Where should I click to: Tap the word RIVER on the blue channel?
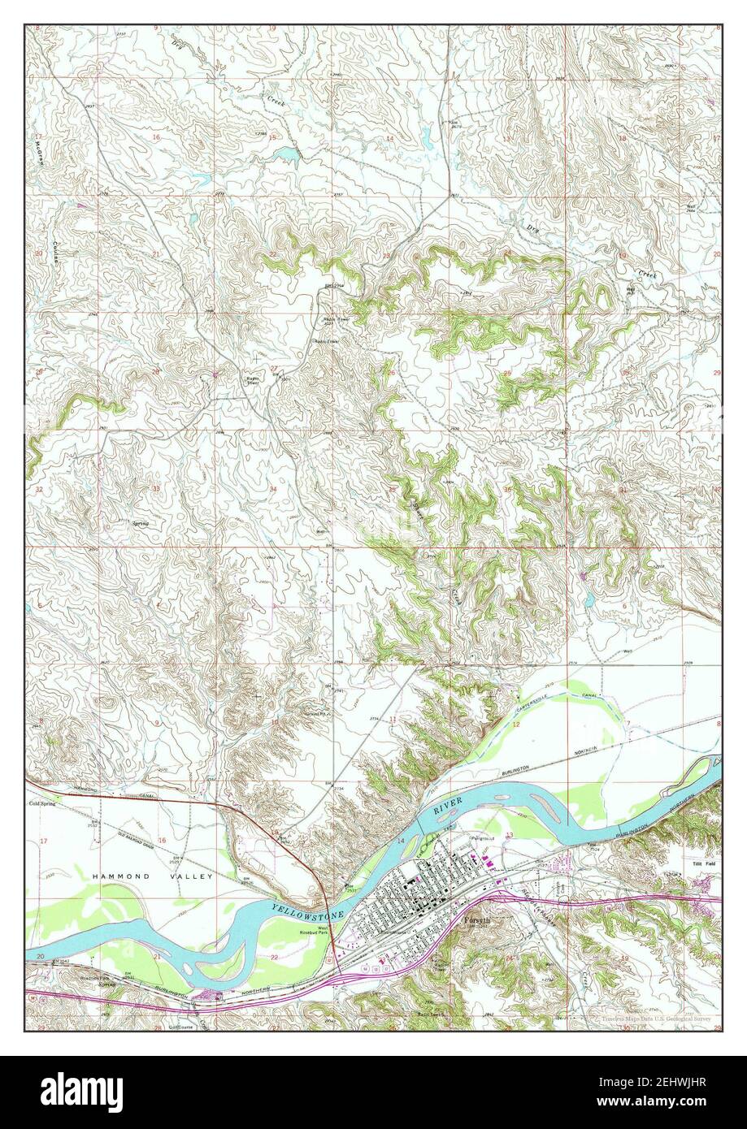click(447, 807)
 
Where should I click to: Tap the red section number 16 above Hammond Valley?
click(162, 841)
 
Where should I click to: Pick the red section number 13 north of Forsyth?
click(510, 835)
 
